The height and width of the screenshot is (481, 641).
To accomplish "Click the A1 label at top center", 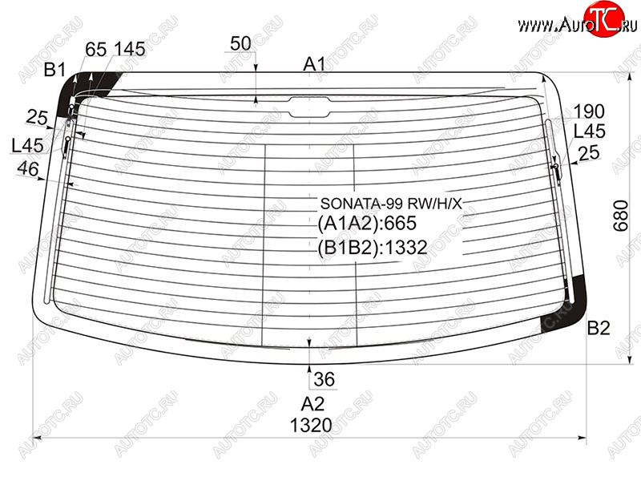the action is click(314, 64).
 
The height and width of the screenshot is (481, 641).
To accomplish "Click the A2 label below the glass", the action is click(312, 404).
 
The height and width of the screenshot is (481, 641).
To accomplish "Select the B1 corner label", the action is click(54, 70).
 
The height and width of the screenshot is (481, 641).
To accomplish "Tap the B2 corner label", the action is click(599, 328).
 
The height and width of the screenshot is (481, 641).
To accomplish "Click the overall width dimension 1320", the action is click(311, 426).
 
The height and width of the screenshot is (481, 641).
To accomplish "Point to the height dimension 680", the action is click(620, 216).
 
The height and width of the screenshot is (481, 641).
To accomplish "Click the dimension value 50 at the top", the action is click(240, 43).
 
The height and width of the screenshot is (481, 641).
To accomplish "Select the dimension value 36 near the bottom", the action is click(325, 379).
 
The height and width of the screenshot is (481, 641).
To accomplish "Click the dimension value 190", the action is click(589, 111).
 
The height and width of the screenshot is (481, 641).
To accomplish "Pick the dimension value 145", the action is click(129, 49).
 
